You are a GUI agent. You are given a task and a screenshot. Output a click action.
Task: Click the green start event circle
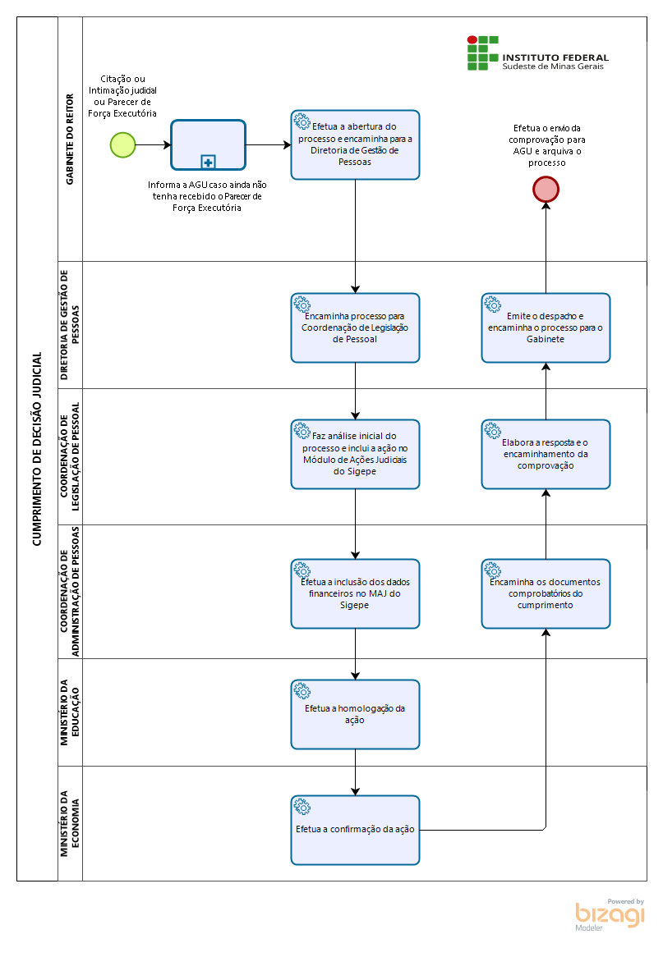122,145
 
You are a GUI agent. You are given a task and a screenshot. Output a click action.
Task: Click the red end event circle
546,190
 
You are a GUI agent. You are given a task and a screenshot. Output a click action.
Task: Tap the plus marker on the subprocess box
209,163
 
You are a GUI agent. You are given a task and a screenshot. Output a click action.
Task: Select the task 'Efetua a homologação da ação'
355,715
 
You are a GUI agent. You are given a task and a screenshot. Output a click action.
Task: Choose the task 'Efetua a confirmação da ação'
355,830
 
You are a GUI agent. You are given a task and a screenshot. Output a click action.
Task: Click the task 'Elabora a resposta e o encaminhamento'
546,454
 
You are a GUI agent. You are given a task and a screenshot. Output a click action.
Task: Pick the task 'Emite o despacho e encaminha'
546,327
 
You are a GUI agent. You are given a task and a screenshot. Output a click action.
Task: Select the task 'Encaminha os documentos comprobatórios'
546,594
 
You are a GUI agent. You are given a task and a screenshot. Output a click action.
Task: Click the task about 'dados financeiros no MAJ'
355,594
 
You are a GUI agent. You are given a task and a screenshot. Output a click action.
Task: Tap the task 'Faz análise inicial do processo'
355,454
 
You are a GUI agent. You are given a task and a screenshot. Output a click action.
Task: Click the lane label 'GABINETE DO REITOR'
70,140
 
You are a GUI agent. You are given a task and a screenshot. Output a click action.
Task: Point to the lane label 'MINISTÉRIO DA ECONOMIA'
70,823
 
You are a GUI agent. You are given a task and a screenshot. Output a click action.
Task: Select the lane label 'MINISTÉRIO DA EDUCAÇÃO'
70,712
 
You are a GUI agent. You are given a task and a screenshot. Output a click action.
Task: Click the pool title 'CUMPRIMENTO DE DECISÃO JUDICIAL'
37,449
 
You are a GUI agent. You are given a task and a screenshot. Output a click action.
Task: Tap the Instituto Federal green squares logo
483,53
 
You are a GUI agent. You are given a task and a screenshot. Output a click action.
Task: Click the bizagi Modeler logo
610,914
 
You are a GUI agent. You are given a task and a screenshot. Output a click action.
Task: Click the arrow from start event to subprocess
154,145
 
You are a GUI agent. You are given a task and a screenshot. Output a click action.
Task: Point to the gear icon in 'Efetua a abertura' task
302,121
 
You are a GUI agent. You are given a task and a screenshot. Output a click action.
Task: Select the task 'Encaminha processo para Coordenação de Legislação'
355,327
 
